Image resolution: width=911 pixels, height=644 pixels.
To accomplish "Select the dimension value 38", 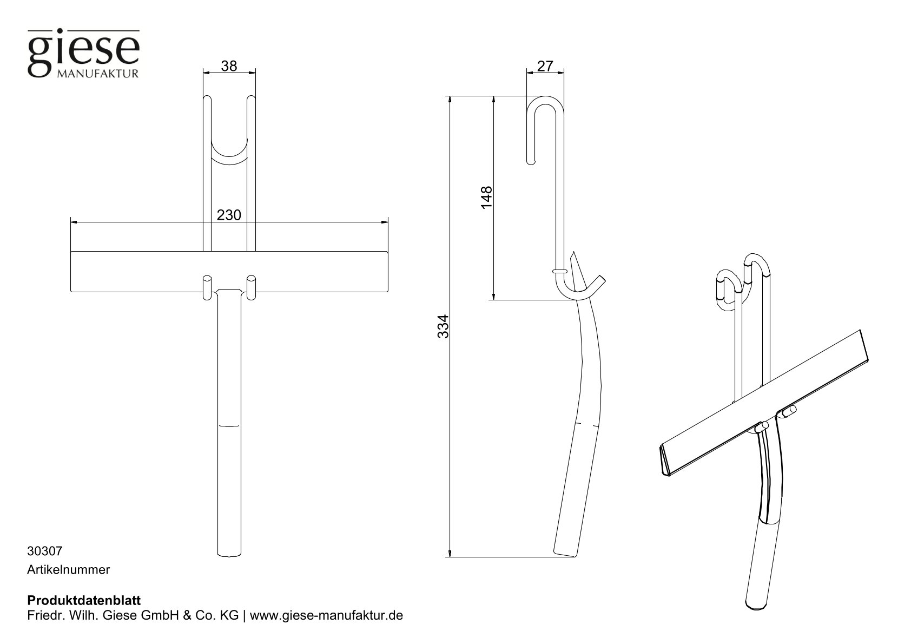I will tap(229, 66).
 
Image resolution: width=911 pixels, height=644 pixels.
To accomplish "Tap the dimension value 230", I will tap(229, 215).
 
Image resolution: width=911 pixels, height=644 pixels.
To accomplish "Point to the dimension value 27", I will tap(545, 66).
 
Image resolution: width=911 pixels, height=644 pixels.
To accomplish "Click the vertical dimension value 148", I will tap(486, 198).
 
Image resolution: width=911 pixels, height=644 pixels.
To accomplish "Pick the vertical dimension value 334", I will tap(443, 326).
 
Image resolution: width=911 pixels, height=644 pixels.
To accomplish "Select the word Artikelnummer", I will tap(68, 569).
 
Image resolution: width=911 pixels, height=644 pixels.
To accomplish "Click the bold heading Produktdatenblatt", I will tap(83, 601).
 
